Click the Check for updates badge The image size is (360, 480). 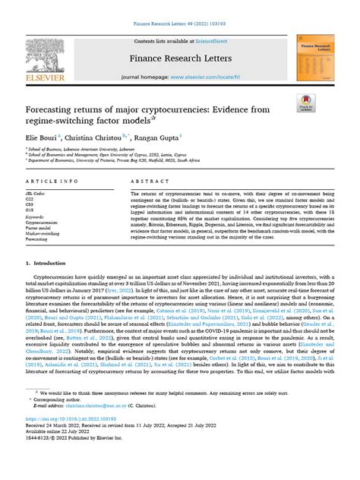[x=306, y=104]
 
